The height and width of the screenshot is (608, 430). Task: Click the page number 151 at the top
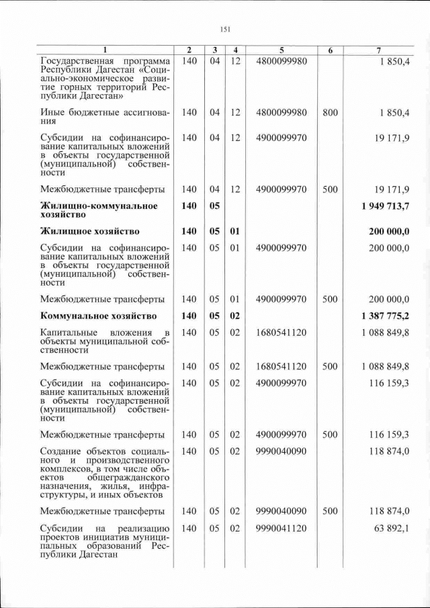pyautogui.click(x=225, y=28)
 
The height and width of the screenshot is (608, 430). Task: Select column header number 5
pyautogui.click(x=281, y=50)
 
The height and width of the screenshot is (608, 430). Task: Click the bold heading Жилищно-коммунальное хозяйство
pyautogui.click(x=99, y=210)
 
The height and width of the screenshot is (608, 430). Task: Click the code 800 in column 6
pyautogui.click(x=329, y=112)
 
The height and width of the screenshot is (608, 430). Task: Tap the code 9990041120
pyautogui.click(x=281, y=529)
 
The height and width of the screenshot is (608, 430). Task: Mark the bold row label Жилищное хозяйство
pyautogui.click(x=89, y=232)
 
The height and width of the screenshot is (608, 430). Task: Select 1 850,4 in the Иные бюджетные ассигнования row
pyautogui.click(x=396, y=112)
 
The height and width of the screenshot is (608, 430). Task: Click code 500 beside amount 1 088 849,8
pyautogui.click(x=329, y=366)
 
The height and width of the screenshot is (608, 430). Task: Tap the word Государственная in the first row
pyautogui.click(x=75, y=61)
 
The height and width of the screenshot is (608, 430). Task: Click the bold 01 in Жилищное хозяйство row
pyautogui.click(x=234, y=232)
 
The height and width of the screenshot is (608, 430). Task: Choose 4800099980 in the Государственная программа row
pyautogui.click(x=281, y=61)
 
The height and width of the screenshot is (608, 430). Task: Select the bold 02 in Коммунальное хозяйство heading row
pyautogui.click(x=234, y=315)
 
